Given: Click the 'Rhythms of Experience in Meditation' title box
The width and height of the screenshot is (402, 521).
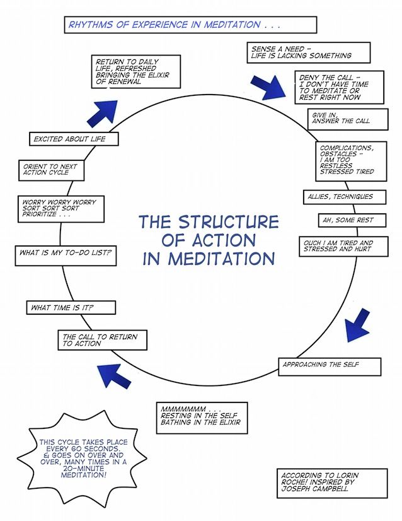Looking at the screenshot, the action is [190, 25].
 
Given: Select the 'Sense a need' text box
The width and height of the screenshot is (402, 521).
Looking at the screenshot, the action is [308, 52].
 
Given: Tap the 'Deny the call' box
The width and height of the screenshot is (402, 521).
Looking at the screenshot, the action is [339, 88].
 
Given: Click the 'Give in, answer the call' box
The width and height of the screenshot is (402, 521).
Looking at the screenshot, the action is [348, 119].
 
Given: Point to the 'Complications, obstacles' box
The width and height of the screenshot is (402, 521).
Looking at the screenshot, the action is [351, 161].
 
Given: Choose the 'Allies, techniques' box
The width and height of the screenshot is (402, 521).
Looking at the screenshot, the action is [345, 197].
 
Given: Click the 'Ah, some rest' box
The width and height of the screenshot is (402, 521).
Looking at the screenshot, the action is [352, 220].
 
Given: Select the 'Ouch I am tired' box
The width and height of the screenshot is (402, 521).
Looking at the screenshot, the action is [343, 246].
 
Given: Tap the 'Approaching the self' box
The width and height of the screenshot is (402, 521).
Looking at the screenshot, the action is [330, 367].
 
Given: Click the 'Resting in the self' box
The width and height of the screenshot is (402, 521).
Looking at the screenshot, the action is [202, 418].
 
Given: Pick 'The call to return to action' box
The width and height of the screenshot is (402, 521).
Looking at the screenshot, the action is [103, 340].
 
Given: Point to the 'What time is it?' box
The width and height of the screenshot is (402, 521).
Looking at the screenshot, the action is [71, 308].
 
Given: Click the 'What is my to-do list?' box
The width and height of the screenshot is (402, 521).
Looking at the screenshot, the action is [66, 256].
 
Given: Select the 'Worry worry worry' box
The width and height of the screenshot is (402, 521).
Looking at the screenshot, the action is [61, 209].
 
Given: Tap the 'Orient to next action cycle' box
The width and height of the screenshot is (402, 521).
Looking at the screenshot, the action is [52, 170].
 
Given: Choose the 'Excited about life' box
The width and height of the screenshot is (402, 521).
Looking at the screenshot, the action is [74, 139].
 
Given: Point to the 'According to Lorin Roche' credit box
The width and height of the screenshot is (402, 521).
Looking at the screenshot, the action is [332, 483].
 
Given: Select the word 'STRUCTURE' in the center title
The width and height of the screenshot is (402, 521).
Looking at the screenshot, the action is [229, 222].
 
